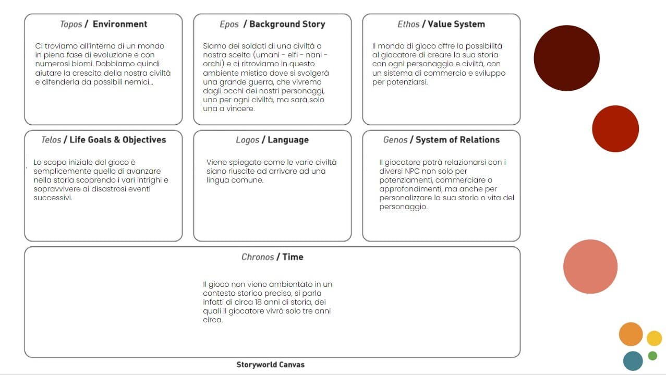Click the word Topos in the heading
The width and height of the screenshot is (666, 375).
click(x=71, y=24)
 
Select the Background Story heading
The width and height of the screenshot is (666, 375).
click(x=287, y=24)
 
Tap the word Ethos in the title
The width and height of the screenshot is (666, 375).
click(x=408, y=24)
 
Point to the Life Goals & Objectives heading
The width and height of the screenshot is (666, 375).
click(x=118, y=140)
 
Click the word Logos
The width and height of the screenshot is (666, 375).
click(x=247, y=140)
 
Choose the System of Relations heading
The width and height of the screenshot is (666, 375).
click(x=457, y=140)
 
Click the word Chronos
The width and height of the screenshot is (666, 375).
click(x=258, y=257)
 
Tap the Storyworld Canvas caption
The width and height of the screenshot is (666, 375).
click(x=271, y=365)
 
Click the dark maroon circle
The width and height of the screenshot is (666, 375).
click(x=567, y=58)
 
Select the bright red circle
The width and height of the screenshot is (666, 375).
click(x=615, y=129)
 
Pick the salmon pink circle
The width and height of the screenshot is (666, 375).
click(x=590, y=267)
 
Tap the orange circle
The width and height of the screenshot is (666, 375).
click(x=631, y=334)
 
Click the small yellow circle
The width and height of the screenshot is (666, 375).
click(x=655, y=338)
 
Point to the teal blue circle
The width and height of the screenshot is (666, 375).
click(x=633, y=361)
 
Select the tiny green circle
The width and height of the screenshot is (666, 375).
click(x=652, y=356)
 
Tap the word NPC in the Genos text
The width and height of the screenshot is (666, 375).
click(x=413, y=171)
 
